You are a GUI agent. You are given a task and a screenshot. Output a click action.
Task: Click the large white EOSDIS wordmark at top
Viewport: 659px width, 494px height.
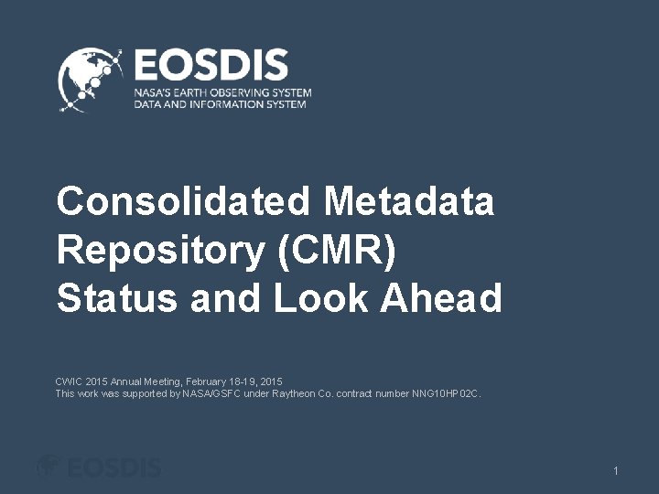tap(211, 67)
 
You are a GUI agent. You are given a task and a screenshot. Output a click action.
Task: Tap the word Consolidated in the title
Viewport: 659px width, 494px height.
tap(182, 201)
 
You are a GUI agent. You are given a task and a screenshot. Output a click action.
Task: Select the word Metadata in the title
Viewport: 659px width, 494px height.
tap(409, 201)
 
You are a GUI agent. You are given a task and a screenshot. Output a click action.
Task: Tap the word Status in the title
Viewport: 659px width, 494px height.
tap(116, 298)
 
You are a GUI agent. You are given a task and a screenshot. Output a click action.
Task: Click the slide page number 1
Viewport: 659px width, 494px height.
tap(616, 470)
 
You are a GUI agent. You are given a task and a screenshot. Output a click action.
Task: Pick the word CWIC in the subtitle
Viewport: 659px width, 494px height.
tap(69, 381)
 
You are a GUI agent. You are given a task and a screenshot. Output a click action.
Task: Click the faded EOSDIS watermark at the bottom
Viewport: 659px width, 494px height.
tap(99, 467)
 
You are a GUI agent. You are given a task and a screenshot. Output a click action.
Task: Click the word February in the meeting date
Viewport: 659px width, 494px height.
tap(206, 381)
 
